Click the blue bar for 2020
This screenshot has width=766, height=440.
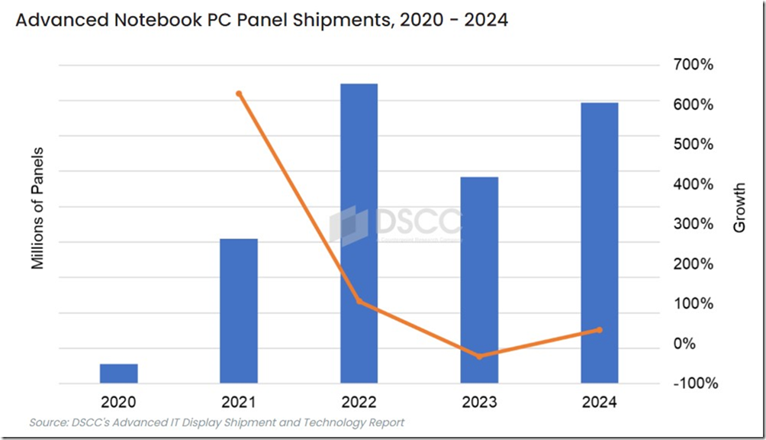point(119,373)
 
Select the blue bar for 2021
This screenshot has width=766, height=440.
point(239,310)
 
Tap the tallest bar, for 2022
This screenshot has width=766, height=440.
point(359,233)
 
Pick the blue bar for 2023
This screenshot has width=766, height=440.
point(479,280)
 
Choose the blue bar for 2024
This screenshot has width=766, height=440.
point(599,242)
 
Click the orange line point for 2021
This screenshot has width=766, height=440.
point(239,94)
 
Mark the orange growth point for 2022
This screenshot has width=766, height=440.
point(359,302)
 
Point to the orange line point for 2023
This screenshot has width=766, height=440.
point(479,357)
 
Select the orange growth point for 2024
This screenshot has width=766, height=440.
point(599,330)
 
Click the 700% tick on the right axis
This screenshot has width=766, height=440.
point(693,65)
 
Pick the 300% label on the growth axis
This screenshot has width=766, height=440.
point(693,225)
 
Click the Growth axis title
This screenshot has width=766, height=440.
point(739,207)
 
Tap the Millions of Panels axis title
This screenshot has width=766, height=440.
point(37,207)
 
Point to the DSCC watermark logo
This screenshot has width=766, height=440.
point(396,224)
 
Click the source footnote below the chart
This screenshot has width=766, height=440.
point(217,422)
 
